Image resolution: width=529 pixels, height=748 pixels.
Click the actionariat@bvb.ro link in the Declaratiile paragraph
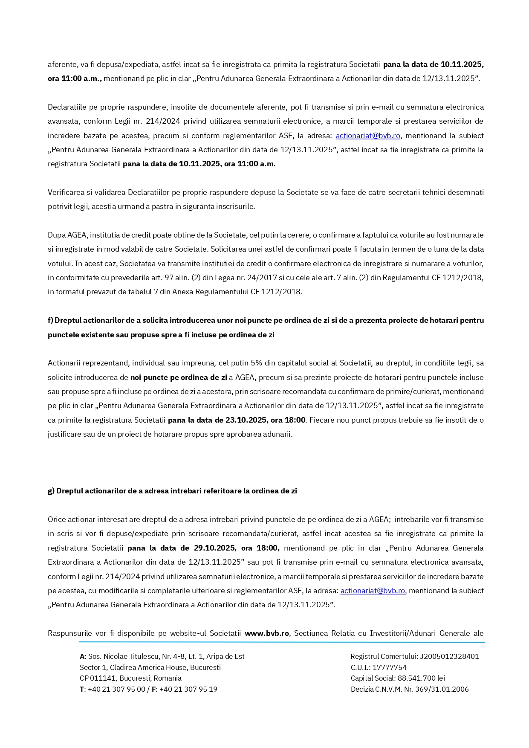coord(368,136)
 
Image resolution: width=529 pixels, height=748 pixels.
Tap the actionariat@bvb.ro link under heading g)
coord(373,591)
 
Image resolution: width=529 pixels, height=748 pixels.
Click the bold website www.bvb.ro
coord(267,633)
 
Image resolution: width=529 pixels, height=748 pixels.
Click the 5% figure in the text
coord(256,363)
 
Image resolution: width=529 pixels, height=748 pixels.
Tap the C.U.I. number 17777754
coord(390,667)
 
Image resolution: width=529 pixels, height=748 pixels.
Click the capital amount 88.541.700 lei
coord(421,678)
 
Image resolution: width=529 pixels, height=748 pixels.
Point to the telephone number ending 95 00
coord(116,689)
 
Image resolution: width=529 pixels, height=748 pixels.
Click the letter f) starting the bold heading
coord(50,320)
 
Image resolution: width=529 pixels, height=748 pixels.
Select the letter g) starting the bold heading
coord(51,491)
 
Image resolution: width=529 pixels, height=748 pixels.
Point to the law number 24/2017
coord(249,278)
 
